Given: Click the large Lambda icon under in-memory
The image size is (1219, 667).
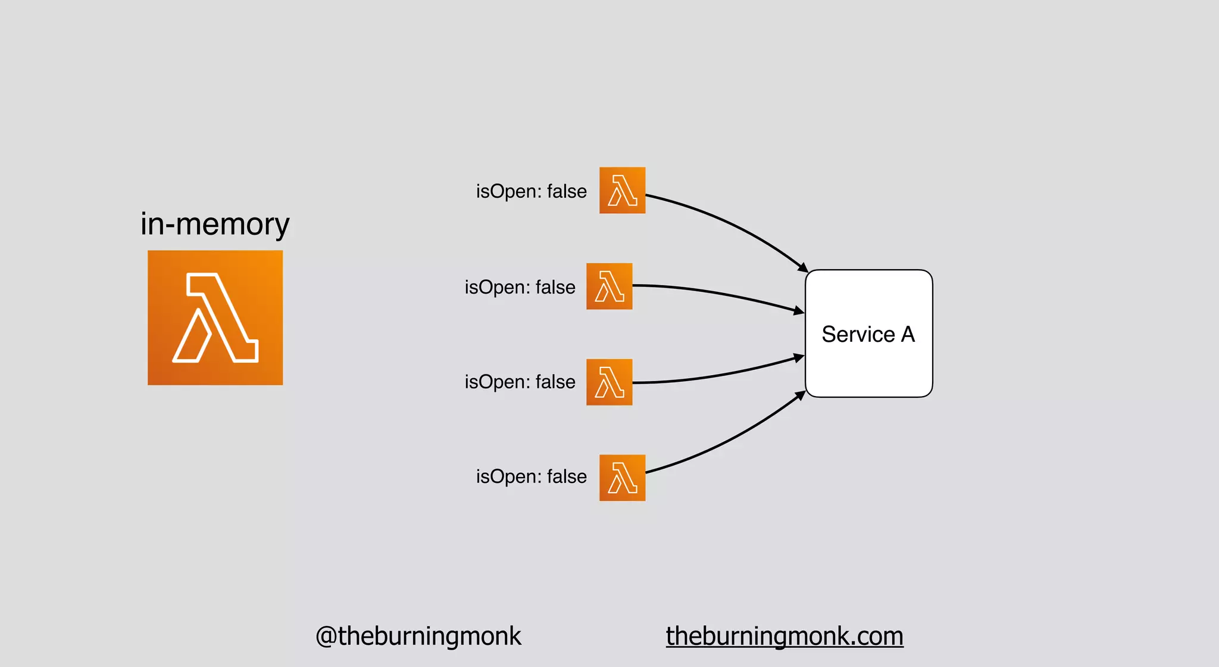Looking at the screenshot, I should (215, 317).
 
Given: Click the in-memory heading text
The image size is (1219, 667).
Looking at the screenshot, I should (215, 225).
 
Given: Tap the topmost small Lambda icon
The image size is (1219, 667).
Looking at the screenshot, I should (622, 191).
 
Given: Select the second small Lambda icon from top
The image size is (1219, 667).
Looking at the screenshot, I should (609, 286).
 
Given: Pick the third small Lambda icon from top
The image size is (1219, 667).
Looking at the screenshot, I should (609, 382).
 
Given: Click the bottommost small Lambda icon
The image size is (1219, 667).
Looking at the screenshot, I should (622, 478).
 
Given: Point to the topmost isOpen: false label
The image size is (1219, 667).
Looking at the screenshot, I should (531, 192).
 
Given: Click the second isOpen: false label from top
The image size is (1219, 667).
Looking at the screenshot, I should (520, 288).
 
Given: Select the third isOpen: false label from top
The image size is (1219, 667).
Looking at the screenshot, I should (520, 382).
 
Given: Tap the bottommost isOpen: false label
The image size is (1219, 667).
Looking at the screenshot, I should (531, 477).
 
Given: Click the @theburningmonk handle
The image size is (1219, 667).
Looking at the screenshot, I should (418, 636).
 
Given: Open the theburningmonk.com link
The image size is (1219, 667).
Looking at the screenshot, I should (784, 636).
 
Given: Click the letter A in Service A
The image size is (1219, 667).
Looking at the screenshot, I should (908, 335).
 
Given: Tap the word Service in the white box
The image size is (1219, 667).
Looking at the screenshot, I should (858, 335).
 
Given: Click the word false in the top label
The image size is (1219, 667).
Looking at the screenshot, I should (567, 192).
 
